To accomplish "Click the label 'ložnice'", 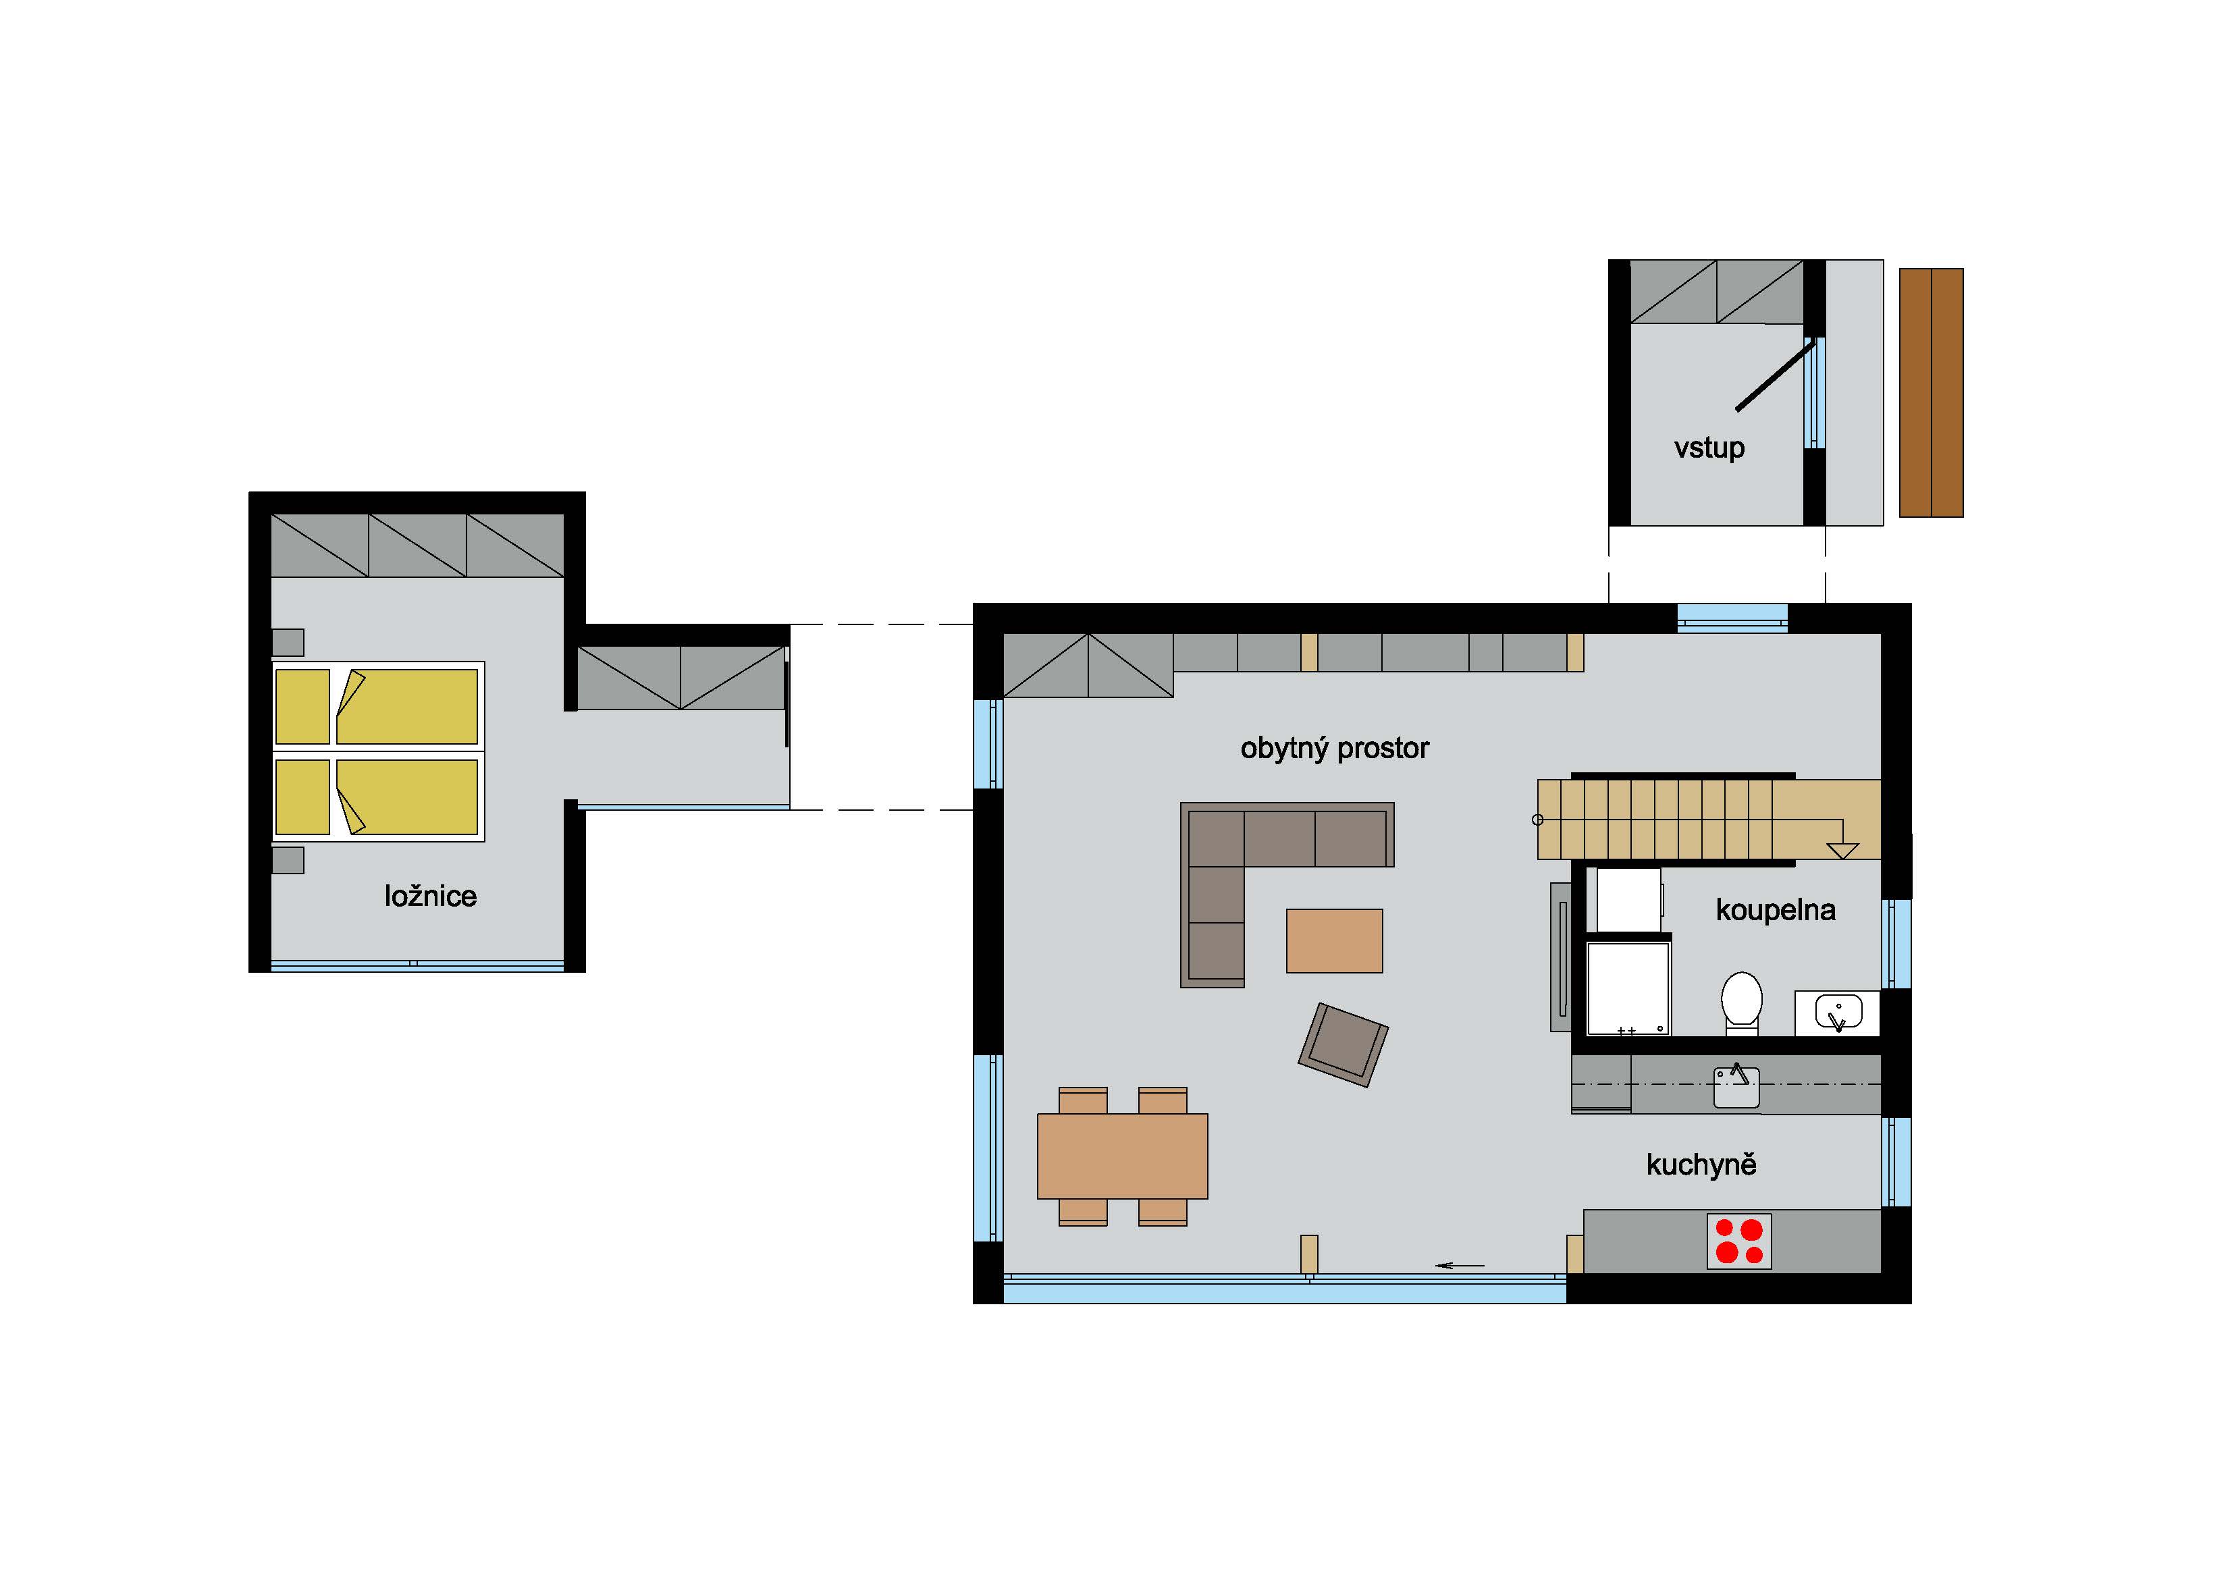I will coord(430,896).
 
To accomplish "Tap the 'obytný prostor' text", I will coord(1334,748).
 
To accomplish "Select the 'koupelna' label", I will coord(1775,911).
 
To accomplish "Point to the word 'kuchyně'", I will coord(1701,1165).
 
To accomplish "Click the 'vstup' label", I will coord(1709,448).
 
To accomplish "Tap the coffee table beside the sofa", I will coord(1334,941).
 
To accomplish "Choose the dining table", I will coord(1122,1156).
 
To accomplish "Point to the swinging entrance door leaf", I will coord(1774,375).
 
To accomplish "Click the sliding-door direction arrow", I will coord(1460,1266).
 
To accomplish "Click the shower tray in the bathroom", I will coord(1628,986).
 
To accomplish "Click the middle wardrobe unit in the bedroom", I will coord(417,545).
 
